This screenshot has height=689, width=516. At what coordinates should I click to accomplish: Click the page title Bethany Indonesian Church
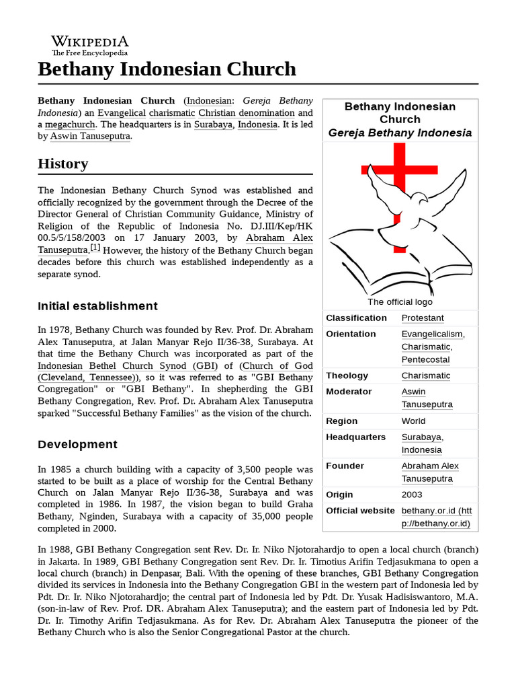[x=167, y=69]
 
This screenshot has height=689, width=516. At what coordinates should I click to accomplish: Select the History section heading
[x=63, y=164]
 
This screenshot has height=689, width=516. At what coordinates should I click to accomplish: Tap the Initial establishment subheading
[x=97, y=306]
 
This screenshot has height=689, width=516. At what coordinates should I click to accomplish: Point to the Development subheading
[x=77, y=444]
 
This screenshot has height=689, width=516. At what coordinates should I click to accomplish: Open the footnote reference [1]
[x=95, y=248]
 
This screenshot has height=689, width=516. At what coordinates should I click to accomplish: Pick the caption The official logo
[x=400, y=302]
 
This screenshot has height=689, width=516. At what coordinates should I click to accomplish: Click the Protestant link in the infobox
[x=423, y=318]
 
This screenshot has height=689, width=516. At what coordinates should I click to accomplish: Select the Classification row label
[x=356, y=318]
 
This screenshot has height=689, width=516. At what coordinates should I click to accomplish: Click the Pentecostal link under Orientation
[x=425, y=359]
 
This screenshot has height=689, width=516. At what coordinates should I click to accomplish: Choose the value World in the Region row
[x=413, y=421]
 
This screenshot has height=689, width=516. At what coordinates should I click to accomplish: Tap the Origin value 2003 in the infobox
[x=413, y=494]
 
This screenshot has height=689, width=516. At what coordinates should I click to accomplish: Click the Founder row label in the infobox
[x=345, y=466]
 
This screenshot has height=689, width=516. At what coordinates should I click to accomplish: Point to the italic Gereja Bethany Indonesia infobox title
[x=400, y=133]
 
